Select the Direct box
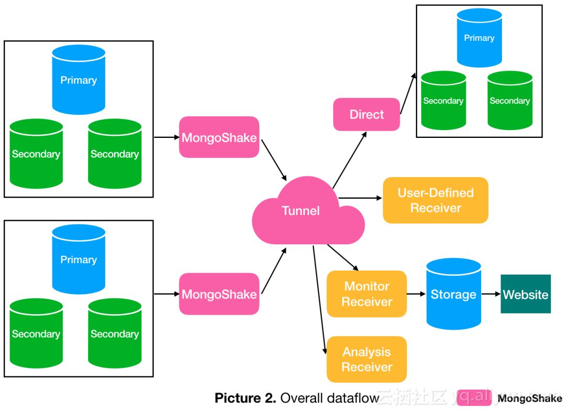(x=366, y=114)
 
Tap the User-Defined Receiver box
(x=436, y=200)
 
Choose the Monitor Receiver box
(x=367, y=294)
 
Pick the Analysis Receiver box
(x=367, y=359)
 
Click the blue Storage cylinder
(x=453, y=294)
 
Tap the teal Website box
(x=526, y=294)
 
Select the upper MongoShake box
(x=219, y=137)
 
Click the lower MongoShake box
(x=219, y=294)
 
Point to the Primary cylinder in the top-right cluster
(x=480, y=38)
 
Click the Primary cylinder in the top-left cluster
(x=79, y=80)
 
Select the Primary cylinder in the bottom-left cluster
(x=79, y=259)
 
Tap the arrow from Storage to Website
(x=491, y=294)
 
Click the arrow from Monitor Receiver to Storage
(x=416, y=294)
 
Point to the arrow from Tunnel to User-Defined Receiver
(x=360, y=198)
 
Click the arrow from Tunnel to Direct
(x=350, y=160)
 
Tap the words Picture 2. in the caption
(x=245, y=398)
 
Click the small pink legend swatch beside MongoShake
(x=474, y=398)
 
